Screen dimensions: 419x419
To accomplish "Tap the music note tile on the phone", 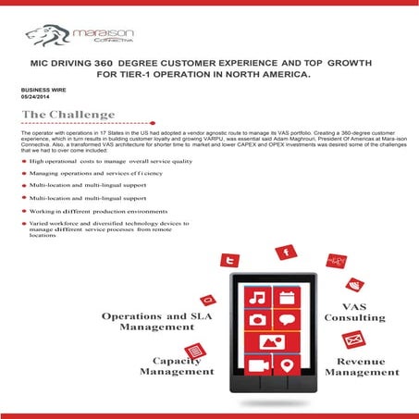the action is pyautogui.click(x=258, y=298).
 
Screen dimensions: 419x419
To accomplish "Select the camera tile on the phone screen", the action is pyautogui.click(x=258, y=320).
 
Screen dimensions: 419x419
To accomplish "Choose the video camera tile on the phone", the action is pyautogui.click(x=258, y=366).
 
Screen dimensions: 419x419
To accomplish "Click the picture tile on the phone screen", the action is pyautogui.click(x=272, y=343).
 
